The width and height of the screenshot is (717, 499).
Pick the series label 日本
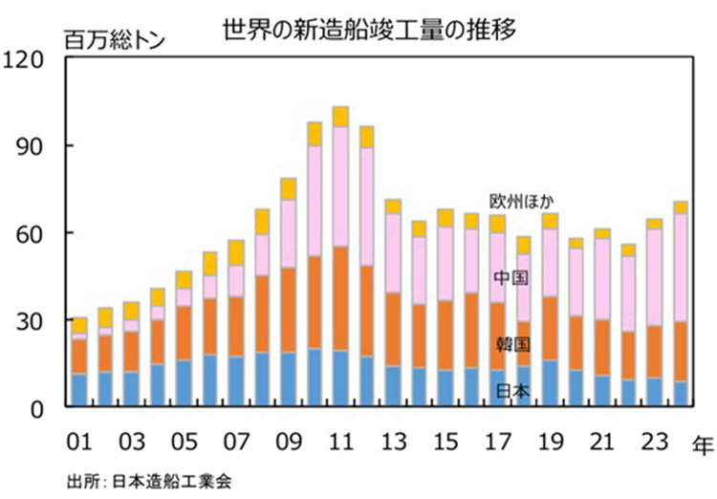(511, 390)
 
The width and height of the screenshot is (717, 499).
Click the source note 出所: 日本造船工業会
(150, 480)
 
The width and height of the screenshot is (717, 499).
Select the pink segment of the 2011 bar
(340, 186)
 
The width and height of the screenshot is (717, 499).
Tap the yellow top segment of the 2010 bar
(315, 134)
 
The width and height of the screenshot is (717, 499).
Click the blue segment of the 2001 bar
(80, 390)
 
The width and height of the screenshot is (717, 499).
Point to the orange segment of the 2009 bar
(288, 311)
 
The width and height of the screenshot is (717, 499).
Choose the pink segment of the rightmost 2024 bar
(680, 268)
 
